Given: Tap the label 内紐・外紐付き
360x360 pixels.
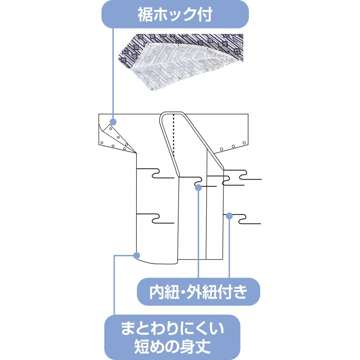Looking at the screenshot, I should [x=198, y=292].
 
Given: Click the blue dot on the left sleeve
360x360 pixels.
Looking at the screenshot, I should [x=113, y=121].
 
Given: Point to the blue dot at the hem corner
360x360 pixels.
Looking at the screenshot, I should [x=136, y=255].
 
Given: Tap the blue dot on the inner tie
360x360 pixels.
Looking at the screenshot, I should [x=198, y=187].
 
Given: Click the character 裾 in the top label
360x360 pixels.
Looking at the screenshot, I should [x=144, y=14].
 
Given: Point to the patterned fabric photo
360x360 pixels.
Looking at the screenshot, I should [x=182, y=61].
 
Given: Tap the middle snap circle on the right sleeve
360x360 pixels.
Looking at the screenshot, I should [x=234, y=146].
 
